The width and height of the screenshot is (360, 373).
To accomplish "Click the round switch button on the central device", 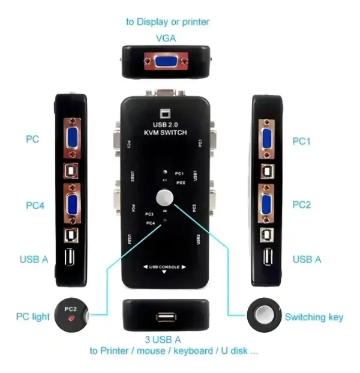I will tap(163, 199).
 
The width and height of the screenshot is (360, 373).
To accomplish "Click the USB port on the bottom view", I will tap(166, 316).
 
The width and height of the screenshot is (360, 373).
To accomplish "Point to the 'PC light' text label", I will tap(33, 317).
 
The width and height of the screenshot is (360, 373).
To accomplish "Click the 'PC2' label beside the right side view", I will tap(302, 205).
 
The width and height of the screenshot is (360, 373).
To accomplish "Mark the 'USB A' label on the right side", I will tap(307, 259).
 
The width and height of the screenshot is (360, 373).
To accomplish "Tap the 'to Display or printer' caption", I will tap(167, 22).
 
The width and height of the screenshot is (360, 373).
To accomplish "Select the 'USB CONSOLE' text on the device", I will tap(164, 266).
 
